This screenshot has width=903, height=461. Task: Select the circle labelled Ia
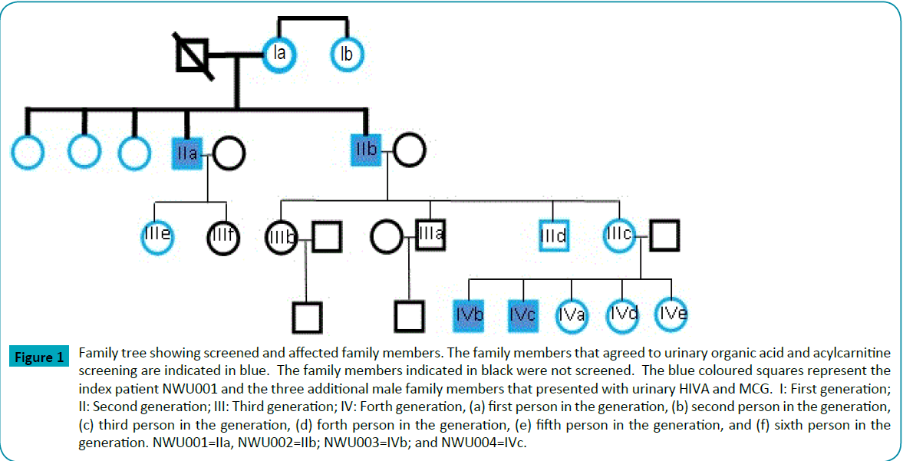280,54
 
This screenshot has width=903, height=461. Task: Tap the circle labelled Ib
347,54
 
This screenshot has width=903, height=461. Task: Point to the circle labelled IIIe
157,235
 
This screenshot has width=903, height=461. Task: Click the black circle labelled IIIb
281,236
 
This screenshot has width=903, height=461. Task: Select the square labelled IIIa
430,234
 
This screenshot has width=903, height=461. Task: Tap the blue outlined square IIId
553,235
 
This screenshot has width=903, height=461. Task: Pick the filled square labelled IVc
522,314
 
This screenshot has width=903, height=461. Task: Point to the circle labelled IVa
572,314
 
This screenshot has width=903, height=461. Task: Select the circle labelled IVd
622,314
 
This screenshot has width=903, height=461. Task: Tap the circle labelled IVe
673,314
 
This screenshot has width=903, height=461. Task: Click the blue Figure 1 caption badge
38,357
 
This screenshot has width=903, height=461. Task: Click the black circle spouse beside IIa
228,153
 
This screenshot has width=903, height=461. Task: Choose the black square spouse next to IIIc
664,235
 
